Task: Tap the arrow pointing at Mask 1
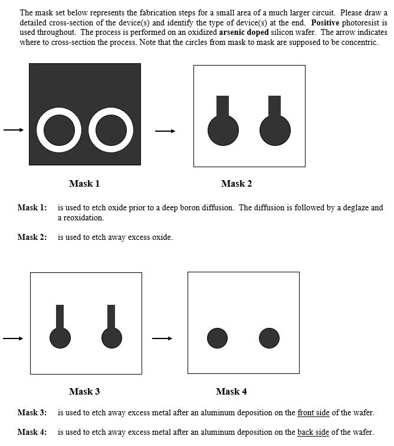13,130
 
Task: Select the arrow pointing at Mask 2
165,131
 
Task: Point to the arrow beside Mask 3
13,338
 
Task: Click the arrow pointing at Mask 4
162,338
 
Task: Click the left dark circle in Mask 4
217,338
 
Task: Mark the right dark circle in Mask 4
269,338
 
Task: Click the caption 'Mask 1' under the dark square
84,184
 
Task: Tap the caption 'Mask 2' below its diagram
237,184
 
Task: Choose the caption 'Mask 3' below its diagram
84,391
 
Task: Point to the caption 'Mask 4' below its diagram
231,391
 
